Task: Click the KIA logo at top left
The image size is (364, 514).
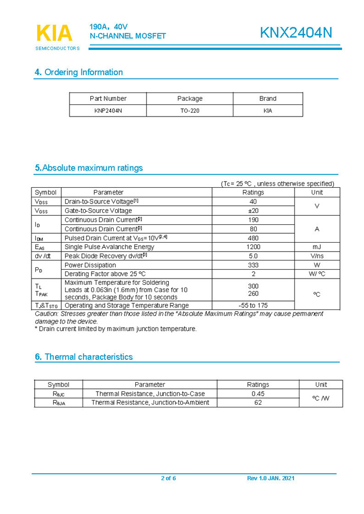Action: point(54,34)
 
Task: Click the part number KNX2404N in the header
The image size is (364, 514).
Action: point(296,33)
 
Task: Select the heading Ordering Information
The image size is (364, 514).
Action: point(79,72)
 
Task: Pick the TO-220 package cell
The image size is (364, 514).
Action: point(190,111)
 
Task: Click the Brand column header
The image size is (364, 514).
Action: point(268,99)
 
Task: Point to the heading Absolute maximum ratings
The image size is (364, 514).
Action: point(89,168)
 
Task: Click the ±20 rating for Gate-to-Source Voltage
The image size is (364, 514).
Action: point(253,211)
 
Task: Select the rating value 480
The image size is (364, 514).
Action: point(253,238)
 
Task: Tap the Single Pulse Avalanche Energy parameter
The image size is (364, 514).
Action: point(109,247)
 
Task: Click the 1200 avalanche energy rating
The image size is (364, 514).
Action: point(253,247)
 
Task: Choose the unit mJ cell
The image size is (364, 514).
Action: point(317,247)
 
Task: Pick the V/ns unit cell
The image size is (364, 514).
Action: point(317,256)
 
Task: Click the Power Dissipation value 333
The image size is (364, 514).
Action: point(253,265)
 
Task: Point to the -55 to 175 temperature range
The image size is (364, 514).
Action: point(253,305)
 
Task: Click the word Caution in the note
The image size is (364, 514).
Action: point(47,314)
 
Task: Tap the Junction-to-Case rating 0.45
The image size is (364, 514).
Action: point(258,394)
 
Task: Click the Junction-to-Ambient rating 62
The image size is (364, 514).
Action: point(258,402)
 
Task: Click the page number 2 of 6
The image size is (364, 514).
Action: point(168,478)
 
